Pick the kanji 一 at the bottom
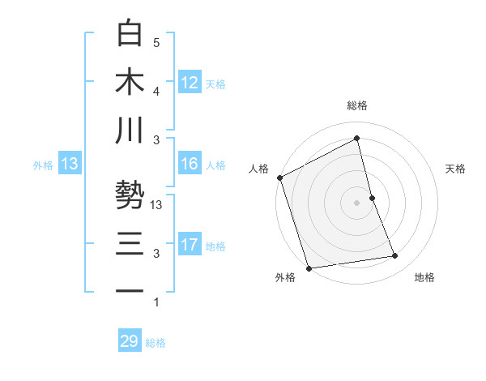click(x=130, y=290)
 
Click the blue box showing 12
click(x=190, y=82)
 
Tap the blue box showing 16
click(x=190, y=164)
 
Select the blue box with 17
click(x=190, y=245)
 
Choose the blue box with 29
click(x=130, y=341)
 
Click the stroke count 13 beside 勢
click(x=157, y=205)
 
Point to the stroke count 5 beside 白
click(x=156, y=42)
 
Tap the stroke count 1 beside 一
click(x=156, y=302)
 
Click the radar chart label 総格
click(x=357, y=105)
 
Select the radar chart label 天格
click(x=456, y=169)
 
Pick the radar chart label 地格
click(x=424, y=278)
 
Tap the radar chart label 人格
click(x=259, y=169)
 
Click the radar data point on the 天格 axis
click(x=372, y=197)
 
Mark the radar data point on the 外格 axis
click(x=308, y=268)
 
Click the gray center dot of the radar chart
click(x=357, y=202)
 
